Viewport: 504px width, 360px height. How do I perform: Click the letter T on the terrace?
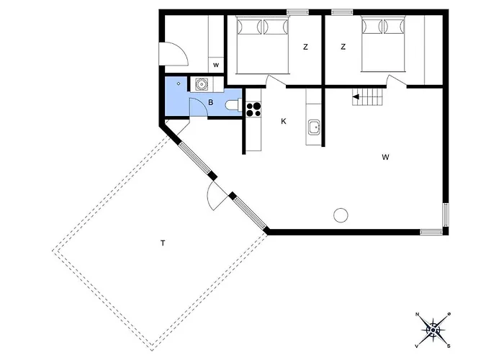[x=163, y=243]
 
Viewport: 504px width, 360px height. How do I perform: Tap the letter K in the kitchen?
[x=284, y=121]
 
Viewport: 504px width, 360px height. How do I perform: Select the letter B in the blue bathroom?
[x=211, y=102]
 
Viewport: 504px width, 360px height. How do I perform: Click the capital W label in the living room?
[x=386, y=157]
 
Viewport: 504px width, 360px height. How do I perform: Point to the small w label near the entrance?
[x=216, y=66]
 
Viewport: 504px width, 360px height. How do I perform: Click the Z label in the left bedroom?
[x=305, y=47]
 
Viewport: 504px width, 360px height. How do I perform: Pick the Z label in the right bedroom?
[x=343, y=47]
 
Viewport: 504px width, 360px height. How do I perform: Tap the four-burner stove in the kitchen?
[x=253, y=109]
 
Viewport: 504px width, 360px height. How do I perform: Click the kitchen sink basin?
[x=314, y=127]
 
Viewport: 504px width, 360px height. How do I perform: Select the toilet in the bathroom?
[x=233, y=105]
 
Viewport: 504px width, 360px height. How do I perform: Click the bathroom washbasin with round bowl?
[x=202, y=84]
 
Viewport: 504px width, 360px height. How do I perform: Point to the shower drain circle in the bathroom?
[x=179, y=84]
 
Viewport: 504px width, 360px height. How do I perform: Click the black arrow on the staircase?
[x=356, y=96]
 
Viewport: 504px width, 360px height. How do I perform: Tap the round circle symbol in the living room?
[x=341, y=215]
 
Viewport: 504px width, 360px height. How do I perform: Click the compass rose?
[x=433, y=330]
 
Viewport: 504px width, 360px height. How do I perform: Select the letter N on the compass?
[x=418, y=315]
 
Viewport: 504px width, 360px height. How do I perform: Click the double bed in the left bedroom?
[x=263, y=45]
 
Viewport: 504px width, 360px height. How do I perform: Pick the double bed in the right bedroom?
[x=384, y=44]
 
